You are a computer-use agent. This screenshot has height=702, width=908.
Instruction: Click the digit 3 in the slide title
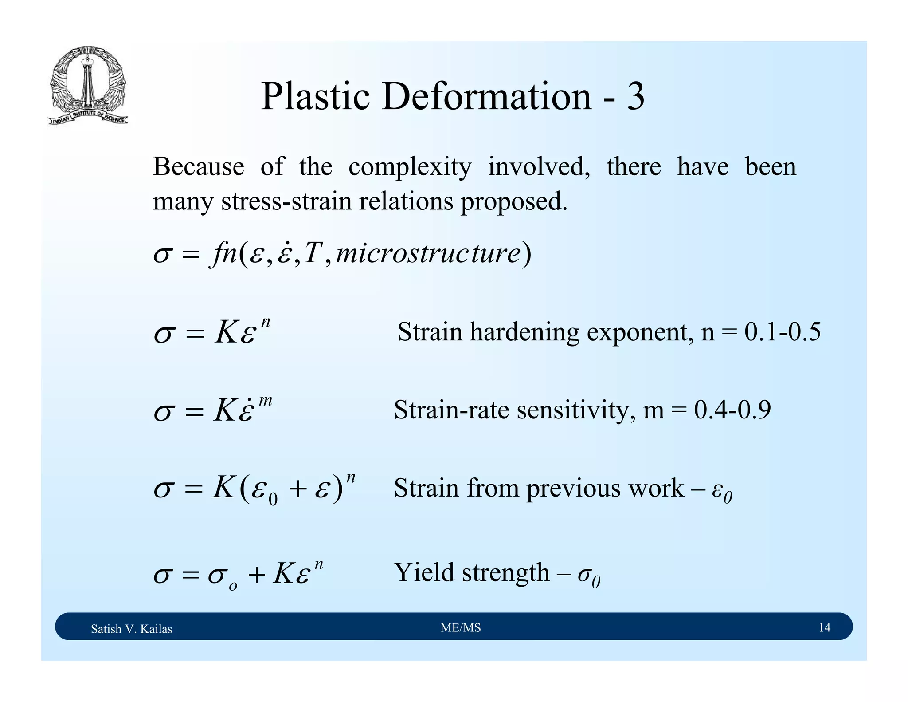[635, 97]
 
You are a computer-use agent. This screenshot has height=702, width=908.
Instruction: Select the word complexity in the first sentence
[410, 168]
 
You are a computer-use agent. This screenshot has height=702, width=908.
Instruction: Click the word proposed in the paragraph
[514, 202]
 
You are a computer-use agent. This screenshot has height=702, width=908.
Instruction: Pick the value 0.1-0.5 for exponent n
[782, 332]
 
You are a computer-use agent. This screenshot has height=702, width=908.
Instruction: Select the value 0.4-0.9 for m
[732, 410]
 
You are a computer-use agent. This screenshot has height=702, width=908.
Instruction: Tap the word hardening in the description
[524, 332]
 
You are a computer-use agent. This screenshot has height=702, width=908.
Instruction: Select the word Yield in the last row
[424, 572]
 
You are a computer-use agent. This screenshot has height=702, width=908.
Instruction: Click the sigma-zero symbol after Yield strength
[589, 576]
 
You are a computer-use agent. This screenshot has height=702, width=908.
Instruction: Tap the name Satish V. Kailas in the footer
[131, 629]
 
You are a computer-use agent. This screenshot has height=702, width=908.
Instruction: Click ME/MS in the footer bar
[461, 627]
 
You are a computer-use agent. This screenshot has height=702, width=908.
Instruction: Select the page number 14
[824, 627]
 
